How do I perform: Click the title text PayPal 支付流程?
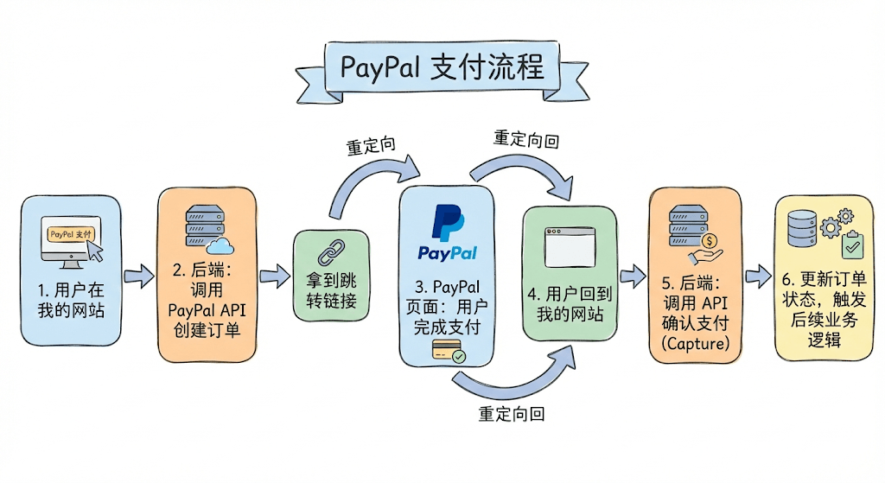coord(442,67)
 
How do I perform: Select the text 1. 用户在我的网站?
coord(71,298)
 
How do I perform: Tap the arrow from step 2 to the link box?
coord(275,277)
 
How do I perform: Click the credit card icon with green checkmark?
coord(449,351)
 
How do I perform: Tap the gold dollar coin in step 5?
coord(710,241)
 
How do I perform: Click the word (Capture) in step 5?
coord(695,343)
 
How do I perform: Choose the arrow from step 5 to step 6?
coord(758,277)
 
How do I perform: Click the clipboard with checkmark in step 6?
coord(851,245)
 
